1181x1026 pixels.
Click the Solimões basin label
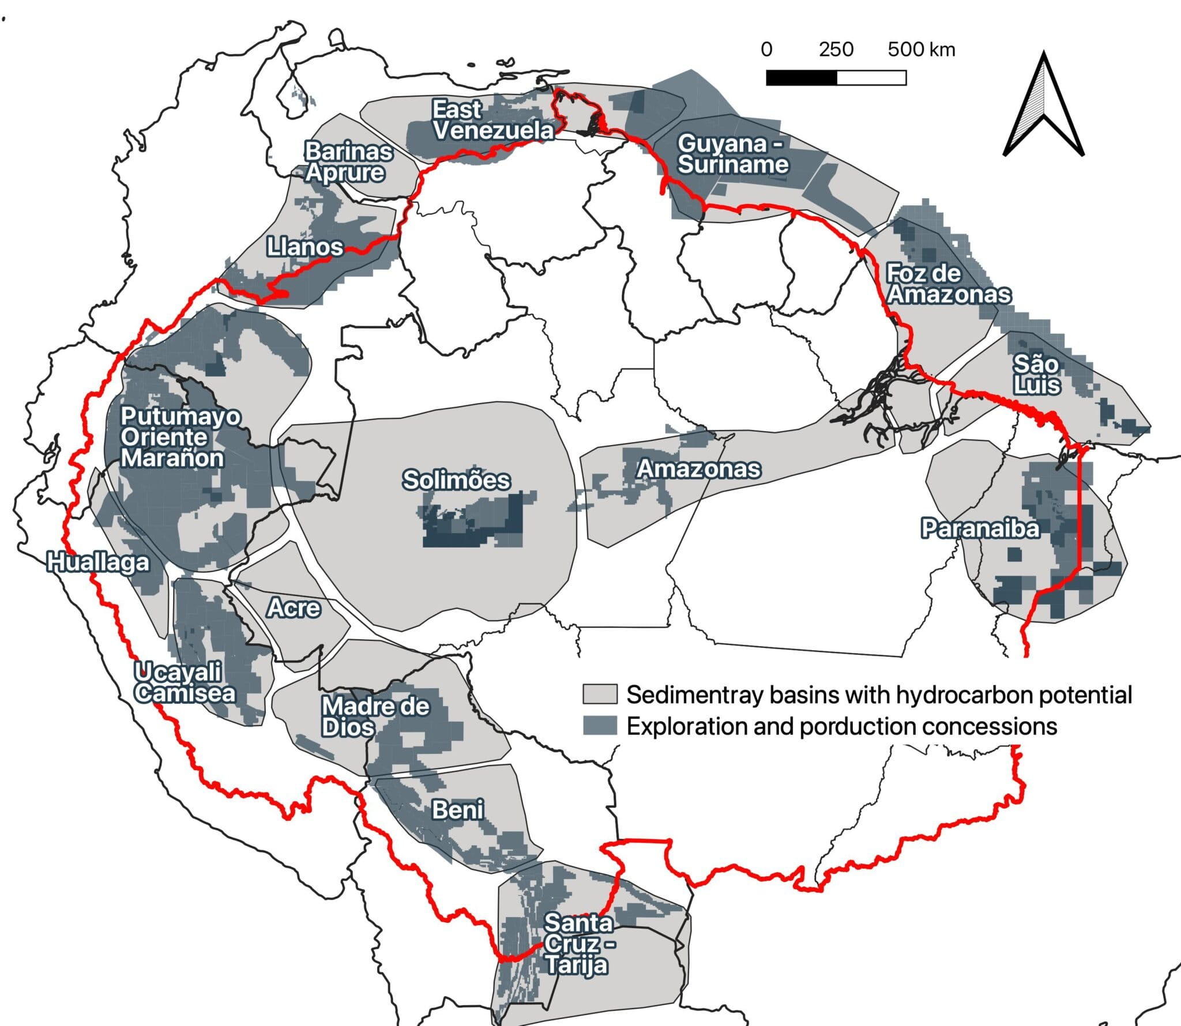tap(456, 480)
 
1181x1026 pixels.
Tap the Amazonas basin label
tap(698, 469)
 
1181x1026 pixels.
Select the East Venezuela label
tap(493, 120)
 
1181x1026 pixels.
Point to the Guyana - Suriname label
tap(733, 154)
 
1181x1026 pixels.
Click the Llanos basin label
tap(305, 247)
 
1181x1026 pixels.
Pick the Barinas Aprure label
tap(348, 162)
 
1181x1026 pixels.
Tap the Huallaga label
tap(98, 562)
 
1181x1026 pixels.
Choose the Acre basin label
tap(294, 608)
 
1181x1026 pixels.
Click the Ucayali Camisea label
tap(185, 682)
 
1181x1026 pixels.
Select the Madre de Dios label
tap(375, 716)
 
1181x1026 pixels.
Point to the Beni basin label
tap(458, 810)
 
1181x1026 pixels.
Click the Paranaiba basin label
tap(980, 528)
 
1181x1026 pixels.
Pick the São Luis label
tap(1036, 375)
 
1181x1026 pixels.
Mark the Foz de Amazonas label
tap(948, 284)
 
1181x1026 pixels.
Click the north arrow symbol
tap(1044, 107)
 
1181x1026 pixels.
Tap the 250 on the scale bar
tap(836, 50)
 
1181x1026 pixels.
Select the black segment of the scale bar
tap(801, 78)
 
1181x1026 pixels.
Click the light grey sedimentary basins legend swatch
tap(600, 695)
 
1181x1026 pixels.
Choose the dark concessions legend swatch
tap(600, 726)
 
